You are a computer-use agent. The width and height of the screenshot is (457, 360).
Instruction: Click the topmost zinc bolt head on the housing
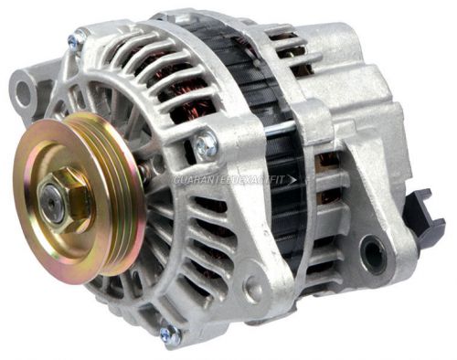[77, 39]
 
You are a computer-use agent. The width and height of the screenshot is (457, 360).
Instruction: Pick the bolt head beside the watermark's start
[206, 143]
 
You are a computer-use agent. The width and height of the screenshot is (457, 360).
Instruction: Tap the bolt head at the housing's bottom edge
[169, 334]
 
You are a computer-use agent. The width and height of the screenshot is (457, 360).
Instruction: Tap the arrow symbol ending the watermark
[292, 179]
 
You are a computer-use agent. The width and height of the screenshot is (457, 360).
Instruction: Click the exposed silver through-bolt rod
[274, 127]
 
